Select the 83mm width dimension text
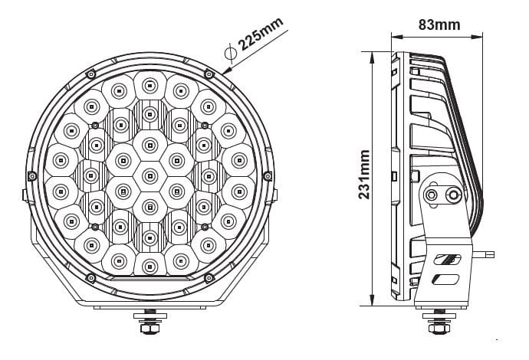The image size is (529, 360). (439, 24)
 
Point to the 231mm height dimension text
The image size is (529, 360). (365, 175)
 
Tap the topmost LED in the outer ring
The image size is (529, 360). (149, 83)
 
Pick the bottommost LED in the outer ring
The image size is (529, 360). (149, 266)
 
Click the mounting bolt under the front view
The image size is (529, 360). (149, 322)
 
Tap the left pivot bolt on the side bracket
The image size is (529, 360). (432, 195)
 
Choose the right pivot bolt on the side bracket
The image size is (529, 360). (454, 195)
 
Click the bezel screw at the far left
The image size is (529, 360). (32, 176)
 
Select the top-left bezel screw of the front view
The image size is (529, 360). (91, 74)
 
